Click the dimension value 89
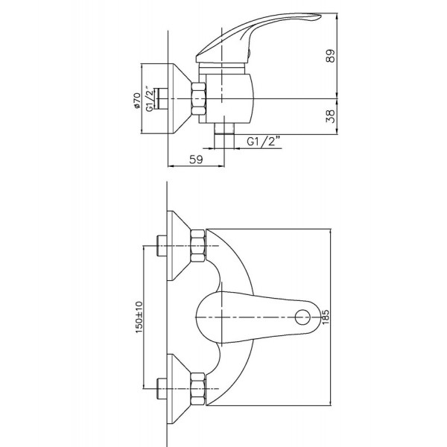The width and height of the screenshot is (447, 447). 330,56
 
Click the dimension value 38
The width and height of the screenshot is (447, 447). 330,116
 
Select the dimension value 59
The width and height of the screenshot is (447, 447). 196,159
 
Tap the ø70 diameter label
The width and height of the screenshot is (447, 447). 137,101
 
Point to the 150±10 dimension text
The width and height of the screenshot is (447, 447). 139,317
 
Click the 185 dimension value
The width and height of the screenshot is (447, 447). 325,317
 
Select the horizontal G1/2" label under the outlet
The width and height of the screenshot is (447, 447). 264,141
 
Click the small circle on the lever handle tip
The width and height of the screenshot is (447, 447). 302,317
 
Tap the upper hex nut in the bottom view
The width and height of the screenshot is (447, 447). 197,246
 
